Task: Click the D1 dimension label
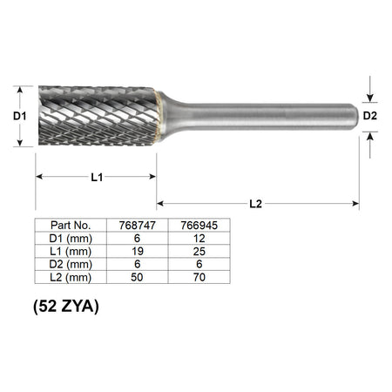[x=20, y=116]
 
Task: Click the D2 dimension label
[x=370, y=116]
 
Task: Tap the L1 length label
[x=97, y=177]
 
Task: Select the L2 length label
[x=255, y=204]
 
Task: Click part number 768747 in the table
[x=138, y=226]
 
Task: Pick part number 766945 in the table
[x=199, y=226]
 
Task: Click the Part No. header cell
[x=71, y=225]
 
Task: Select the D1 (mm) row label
[x=71, y=239]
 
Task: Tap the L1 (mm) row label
[x=71, y=252]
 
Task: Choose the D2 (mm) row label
[x=71, y=264]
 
